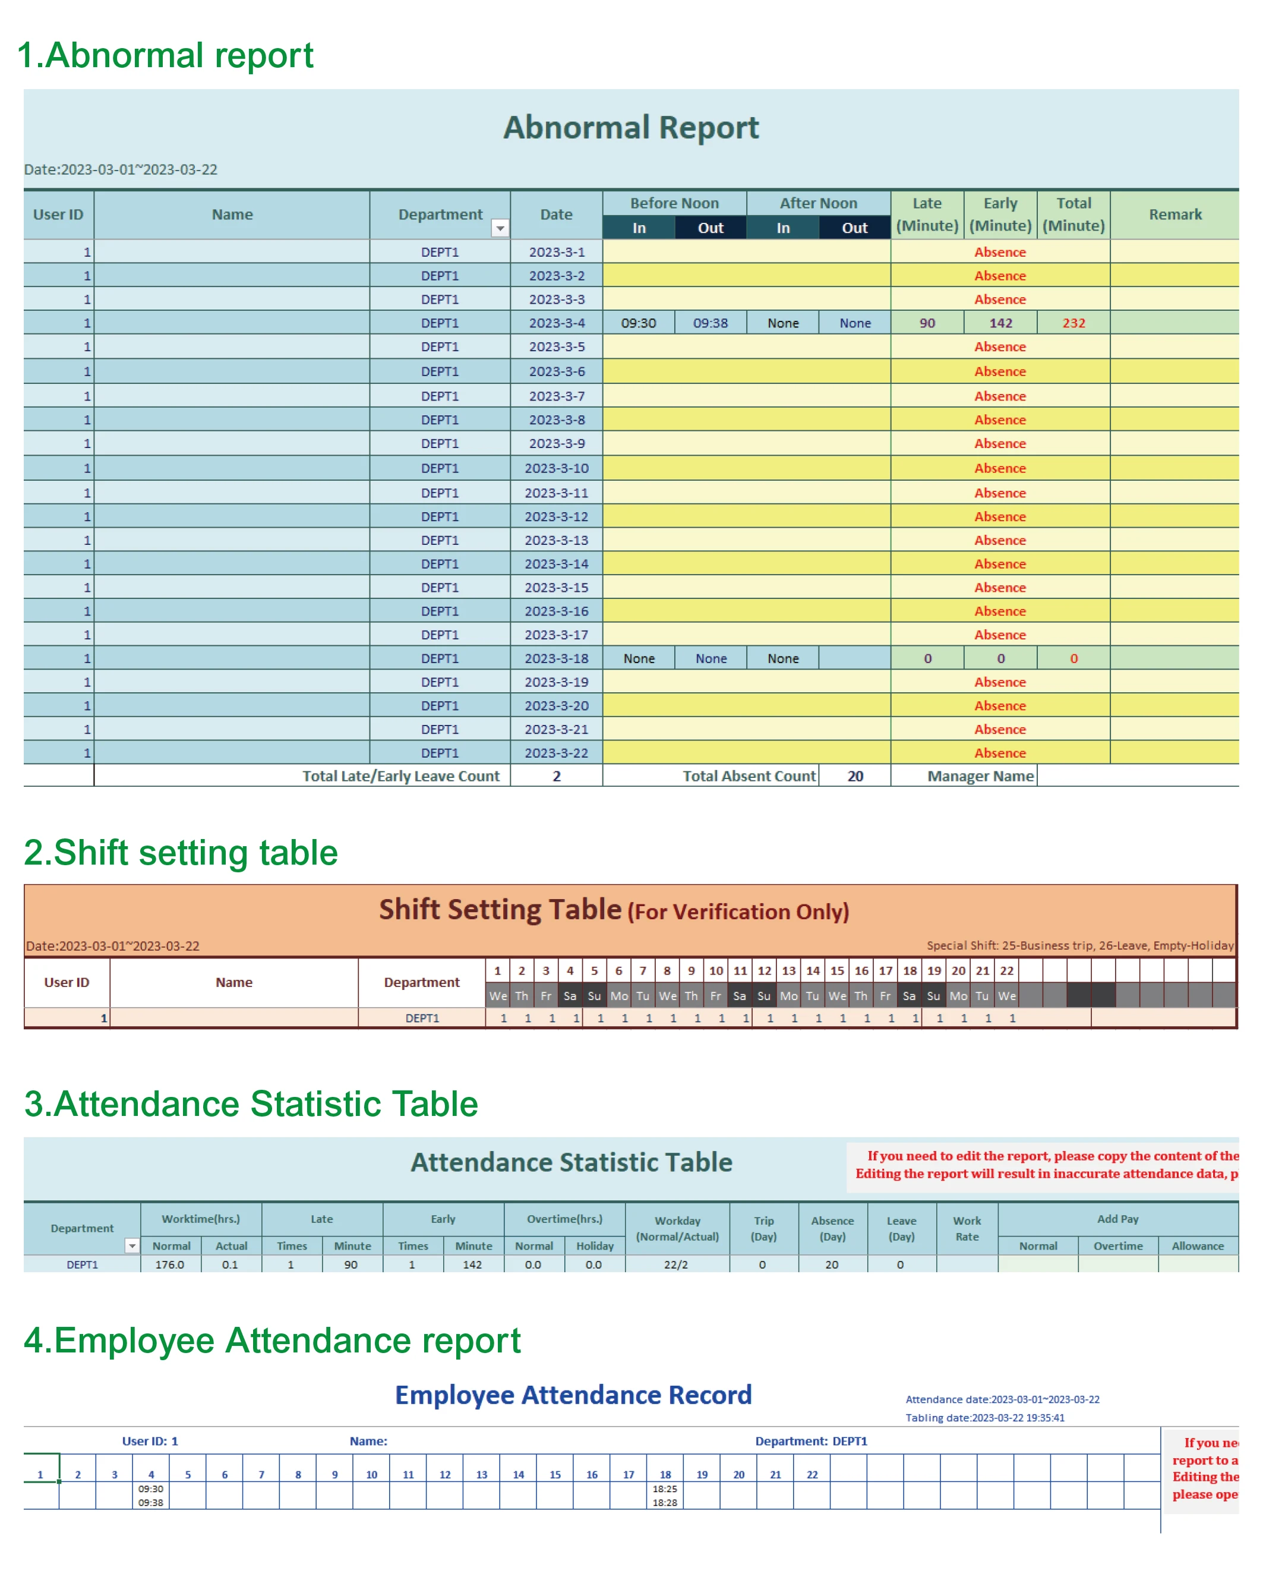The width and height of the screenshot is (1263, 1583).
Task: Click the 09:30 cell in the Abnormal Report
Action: (638, 323)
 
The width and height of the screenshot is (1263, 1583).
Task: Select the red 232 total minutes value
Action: (1073, 323)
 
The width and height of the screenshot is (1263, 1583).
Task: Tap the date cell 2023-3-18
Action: (555, 658)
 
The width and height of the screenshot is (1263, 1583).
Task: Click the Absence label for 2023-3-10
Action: (1000, 468)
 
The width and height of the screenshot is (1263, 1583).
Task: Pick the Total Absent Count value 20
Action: (855, 776)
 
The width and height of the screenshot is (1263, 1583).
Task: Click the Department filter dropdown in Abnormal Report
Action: (500, 228)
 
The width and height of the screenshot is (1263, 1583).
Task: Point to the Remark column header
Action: (1174, 215)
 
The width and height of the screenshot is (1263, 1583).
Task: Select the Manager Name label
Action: (980, 776)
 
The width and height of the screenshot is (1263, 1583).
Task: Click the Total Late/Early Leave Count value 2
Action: (556, 776)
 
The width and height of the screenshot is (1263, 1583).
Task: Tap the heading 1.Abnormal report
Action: (165, 56)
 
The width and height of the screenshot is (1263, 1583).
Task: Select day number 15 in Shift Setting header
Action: (836, 970)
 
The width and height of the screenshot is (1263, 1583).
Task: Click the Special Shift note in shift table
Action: (1079, 945)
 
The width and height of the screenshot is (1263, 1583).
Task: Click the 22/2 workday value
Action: (676, 1264)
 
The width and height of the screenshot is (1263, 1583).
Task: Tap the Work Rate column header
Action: (967, 1228)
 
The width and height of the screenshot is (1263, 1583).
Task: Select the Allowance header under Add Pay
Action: (1197, 1246)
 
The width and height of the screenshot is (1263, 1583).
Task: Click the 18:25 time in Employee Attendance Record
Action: (665, 1489)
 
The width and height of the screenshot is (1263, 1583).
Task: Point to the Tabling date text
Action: (984, 1418)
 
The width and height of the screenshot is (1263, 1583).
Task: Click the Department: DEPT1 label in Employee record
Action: (810, 1442)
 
